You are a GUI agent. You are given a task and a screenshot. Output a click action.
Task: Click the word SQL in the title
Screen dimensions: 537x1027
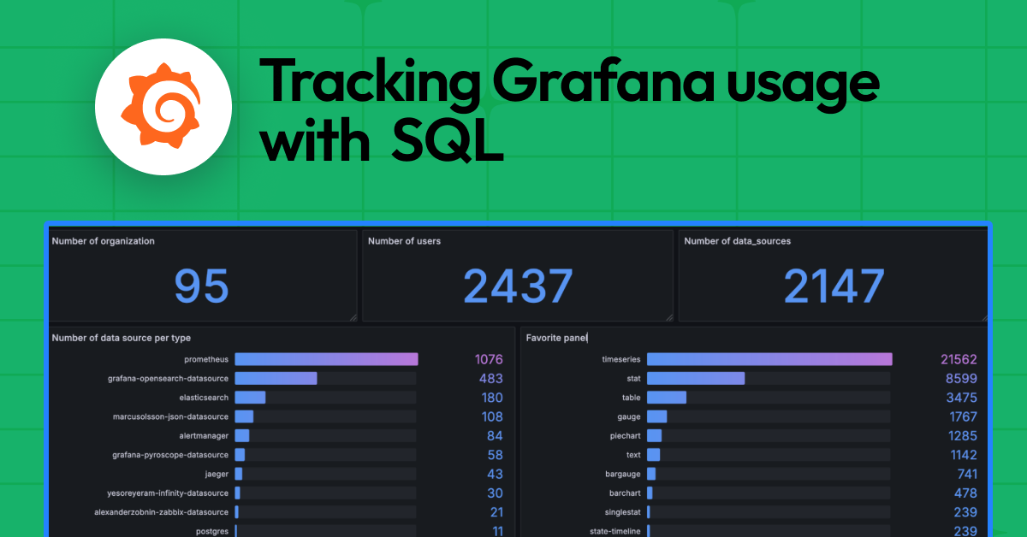pos(448,142)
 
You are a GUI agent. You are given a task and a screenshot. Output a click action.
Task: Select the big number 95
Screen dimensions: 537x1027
pos(202,286)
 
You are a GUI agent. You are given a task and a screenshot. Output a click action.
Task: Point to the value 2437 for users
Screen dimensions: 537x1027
pos(517,286)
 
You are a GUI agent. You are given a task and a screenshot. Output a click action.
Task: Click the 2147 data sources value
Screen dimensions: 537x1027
pos(834,286)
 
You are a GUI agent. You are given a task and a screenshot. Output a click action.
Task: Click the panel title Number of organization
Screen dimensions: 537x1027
pos(104,241)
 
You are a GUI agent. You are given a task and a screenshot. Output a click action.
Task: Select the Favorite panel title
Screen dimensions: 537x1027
pos(557,338)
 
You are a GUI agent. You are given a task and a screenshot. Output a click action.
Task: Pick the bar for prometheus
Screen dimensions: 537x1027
pos(326,359)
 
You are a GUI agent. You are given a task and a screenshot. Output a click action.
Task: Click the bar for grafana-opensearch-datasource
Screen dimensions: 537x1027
pos(276,378)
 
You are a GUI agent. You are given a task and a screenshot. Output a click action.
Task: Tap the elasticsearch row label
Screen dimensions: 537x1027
pos(204,398)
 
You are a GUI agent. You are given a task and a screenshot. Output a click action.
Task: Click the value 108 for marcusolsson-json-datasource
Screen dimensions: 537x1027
pos(491,416)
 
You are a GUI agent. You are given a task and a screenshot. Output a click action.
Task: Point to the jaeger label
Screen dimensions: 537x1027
pos(217,474)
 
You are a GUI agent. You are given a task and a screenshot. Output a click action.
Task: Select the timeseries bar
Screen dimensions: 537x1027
pos(769,359)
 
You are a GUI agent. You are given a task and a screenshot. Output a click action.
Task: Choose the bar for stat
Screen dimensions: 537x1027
pos(696,378)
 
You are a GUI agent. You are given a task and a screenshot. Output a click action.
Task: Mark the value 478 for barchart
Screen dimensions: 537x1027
pos(965,493)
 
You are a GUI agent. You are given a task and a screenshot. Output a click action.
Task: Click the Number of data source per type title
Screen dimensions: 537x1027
pos(122,338)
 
